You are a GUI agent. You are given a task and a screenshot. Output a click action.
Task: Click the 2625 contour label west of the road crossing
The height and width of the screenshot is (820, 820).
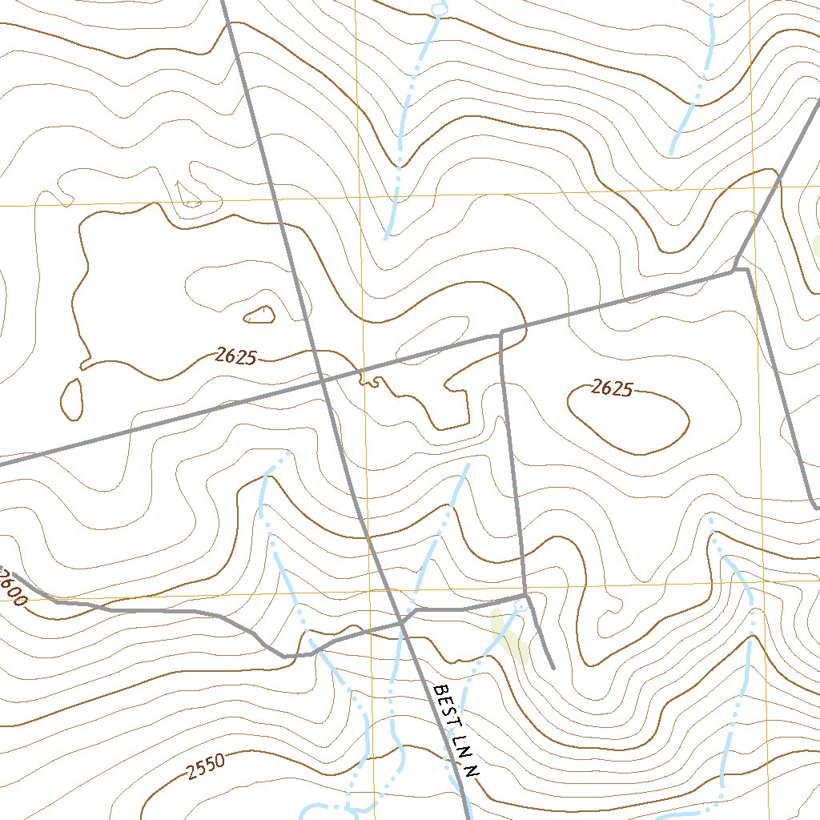click(x=235, y=356)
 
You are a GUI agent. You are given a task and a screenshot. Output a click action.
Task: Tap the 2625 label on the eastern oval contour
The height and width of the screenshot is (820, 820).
click(x=613, y=388)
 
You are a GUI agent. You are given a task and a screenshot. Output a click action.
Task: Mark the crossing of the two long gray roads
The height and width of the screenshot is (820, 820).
click(x=323, y=382)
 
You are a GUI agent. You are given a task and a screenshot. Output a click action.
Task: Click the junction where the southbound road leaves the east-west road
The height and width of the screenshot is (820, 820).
click(x=500, y=333)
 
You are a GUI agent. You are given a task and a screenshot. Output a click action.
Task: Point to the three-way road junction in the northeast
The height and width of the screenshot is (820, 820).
click(x=735, y=270)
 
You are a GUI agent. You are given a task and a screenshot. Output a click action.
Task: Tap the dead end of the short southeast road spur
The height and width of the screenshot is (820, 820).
click(x=553, y=667)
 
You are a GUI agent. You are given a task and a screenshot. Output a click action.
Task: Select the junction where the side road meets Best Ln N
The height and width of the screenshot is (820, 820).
click(x=402, y=622)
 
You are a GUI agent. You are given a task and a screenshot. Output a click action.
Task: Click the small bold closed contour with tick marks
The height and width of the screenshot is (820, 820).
click(x=259, y=314)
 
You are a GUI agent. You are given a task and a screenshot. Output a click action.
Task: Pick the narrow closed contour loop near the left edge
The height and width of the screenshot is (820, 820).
click(x=71, y=399)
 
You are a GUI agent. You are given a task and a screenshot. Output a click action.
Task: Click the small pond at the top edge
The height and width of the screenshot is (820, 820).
click(x=437, y=9)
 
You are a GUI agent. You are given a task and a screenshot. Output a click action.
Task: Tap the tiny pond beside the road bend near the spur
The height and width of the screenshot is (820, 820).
click(x=521, y=605)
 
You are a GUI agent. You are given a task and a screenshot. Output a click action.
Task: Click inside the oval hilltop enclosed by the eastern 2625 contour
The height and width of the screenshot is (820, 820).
click(x=629, y=420)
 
